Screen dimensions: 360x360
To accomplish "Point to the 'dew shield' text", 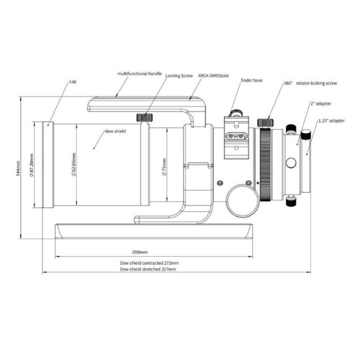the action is click(115, 131).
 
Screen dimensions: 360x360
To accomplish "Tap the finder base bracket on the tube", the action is click(235, 138).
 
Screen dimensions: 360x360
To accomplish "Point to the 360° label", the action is click(287, 85).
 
